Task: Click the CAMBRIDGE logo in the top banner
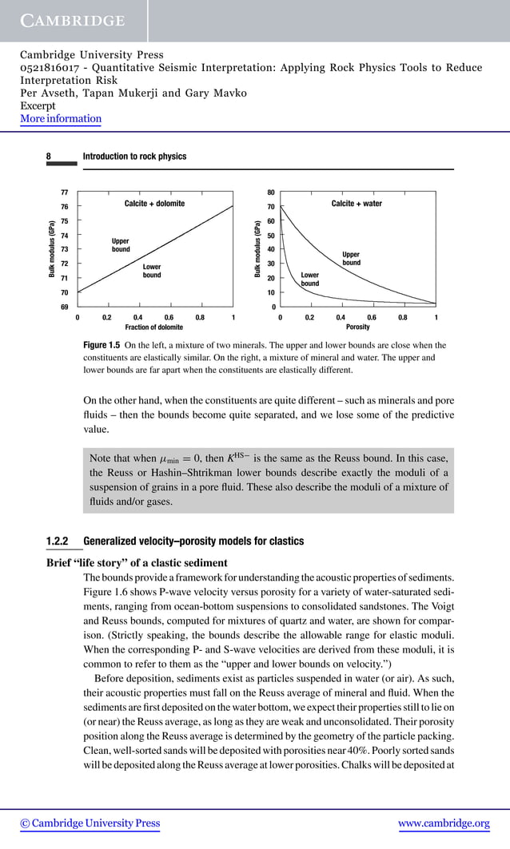(x=73, y=21)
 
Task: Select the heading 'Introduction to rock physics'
(x=134, y=157)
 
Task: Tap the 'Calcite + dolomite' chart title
(x=154, y=204)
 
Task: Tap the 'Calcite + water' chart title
(x=357, y=204)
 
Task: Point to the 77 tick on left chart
(x=64, y=192)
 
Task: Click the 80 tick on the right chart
(x=271, y=192)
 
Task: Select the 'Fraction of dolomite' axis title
(x=154, y=327)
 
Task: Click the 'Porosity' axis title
(x=357, y=327)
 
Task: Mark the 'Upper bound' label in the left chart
(x=121, y=245)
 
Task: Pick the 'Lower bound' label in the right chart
(x=310, y=280)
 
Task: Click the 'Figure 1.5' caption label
(x=102, y=345)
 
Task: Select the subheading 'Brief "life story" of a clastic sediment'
(x=137, y=563)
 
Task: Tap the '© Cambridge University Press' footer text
(x=90, y=823)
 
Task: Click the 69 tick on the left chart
(x=64, y=307)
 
